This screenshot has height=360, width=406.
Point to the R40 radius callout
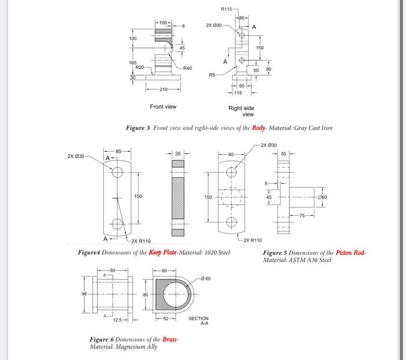click(x=187, y=69)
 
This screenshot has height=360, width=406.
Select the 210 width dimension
click(x=162, y=89)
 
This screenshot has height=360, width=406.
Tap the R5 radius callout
click(x=212, y=75)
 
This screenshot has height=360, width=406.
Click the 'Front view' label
click(x=163, y=107)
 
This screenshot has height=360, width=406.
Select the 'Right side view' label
click(x=241, y=111)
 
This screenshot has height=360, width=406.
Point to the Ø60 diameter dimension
click(x=322, y=197)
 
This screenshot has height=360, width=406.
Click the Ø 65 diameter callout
click(x=211, y=279)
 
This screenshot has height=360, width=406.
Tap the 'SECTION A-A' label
click(x=198, y=321)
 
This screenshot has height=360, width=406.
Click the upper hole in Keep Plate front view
click(x=118, y=172)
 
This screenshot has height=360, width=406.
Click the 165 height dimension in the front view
click(x=132, y=62)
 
